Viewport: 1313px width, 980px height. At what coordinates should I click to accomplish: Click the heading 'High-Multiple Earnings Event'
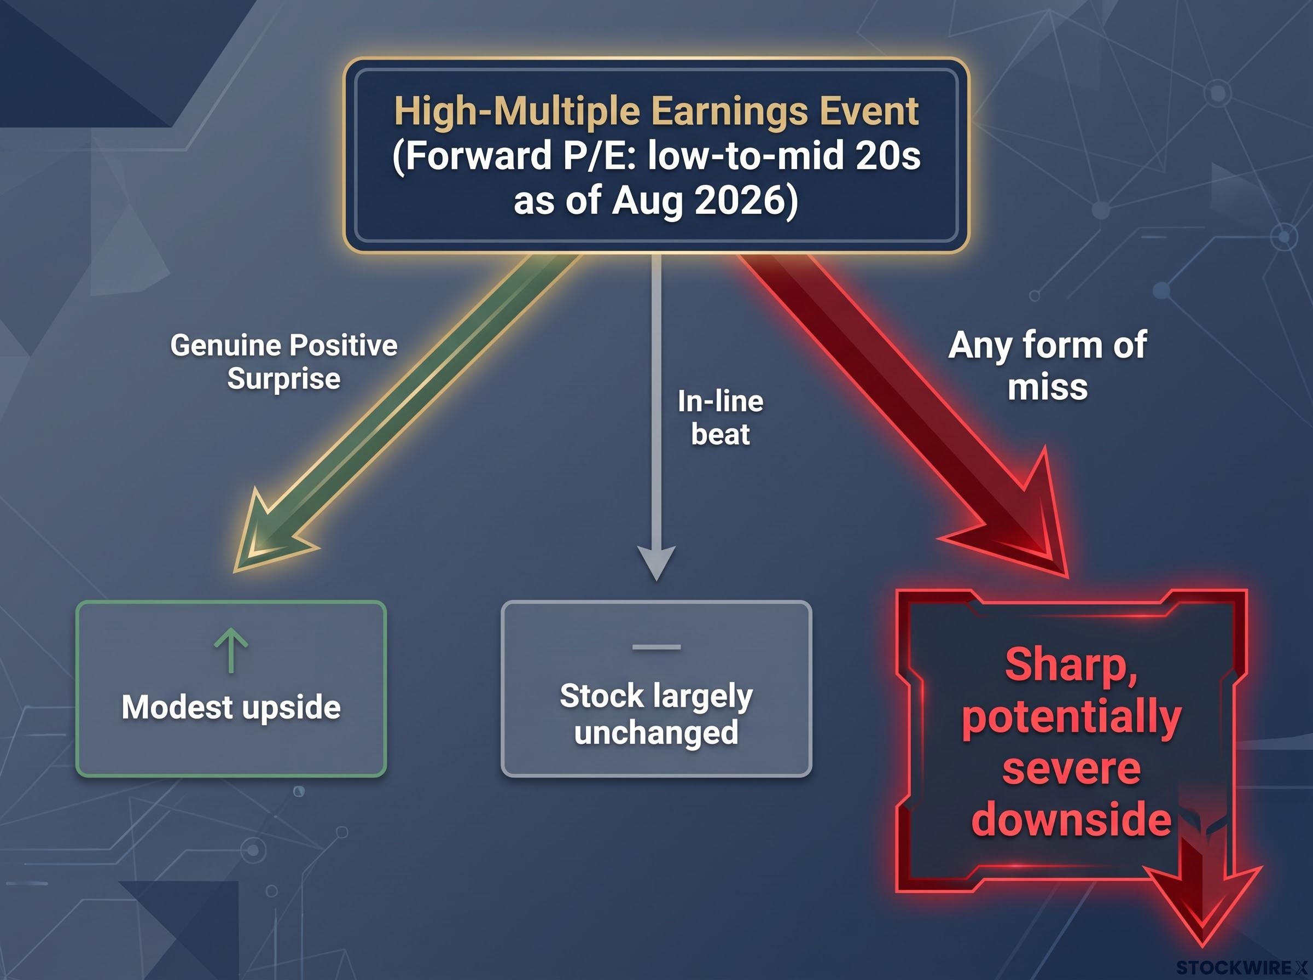(x=656, y=112)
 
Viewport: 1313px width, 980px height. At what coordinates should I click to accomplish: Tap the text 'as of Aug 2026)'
(x=656, y=201)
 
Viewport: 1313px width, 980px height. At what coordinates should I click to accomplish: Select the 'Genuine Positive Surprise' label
(x=283, y=362)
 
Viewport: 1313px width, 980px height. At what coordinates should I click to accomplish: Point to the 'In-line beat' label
(x=721, y=418)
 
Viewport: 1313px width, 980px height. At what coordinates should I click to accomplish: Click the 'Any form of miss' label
(x=1048, y=365)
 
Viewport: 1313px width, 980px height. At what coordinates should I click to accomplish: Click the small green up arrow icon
(x=231, y=651)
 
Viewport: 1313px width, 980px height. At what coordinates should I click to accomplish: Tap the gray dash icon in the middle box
(x=656, y=647)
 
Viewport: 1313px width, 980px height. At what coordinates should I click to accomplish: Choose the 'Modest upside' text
(x=231, y=707)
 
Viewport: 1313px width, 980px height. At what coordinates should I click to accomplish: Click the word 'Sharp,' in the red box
(x=1071, y=666)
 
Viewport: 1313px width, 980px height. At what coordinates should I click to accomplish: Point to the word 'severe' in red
(x=1072, y=769)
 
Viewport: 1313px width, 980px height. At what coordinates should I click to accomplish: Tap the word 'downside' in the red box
(x=1072, y=820)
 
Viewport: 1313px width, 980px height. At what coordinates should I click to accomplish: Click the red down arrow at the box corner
(x=1202, y=890)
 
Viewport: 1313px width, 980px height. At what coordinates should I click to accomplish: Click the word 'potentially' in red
(x=1072, y=719)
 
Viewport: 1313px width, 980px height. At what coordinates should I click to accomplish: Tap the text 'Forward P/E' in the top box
(x=514, y=156)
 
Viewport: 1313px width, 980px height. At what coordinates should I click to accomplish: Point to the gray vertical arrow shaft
(x=656, y=400)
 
